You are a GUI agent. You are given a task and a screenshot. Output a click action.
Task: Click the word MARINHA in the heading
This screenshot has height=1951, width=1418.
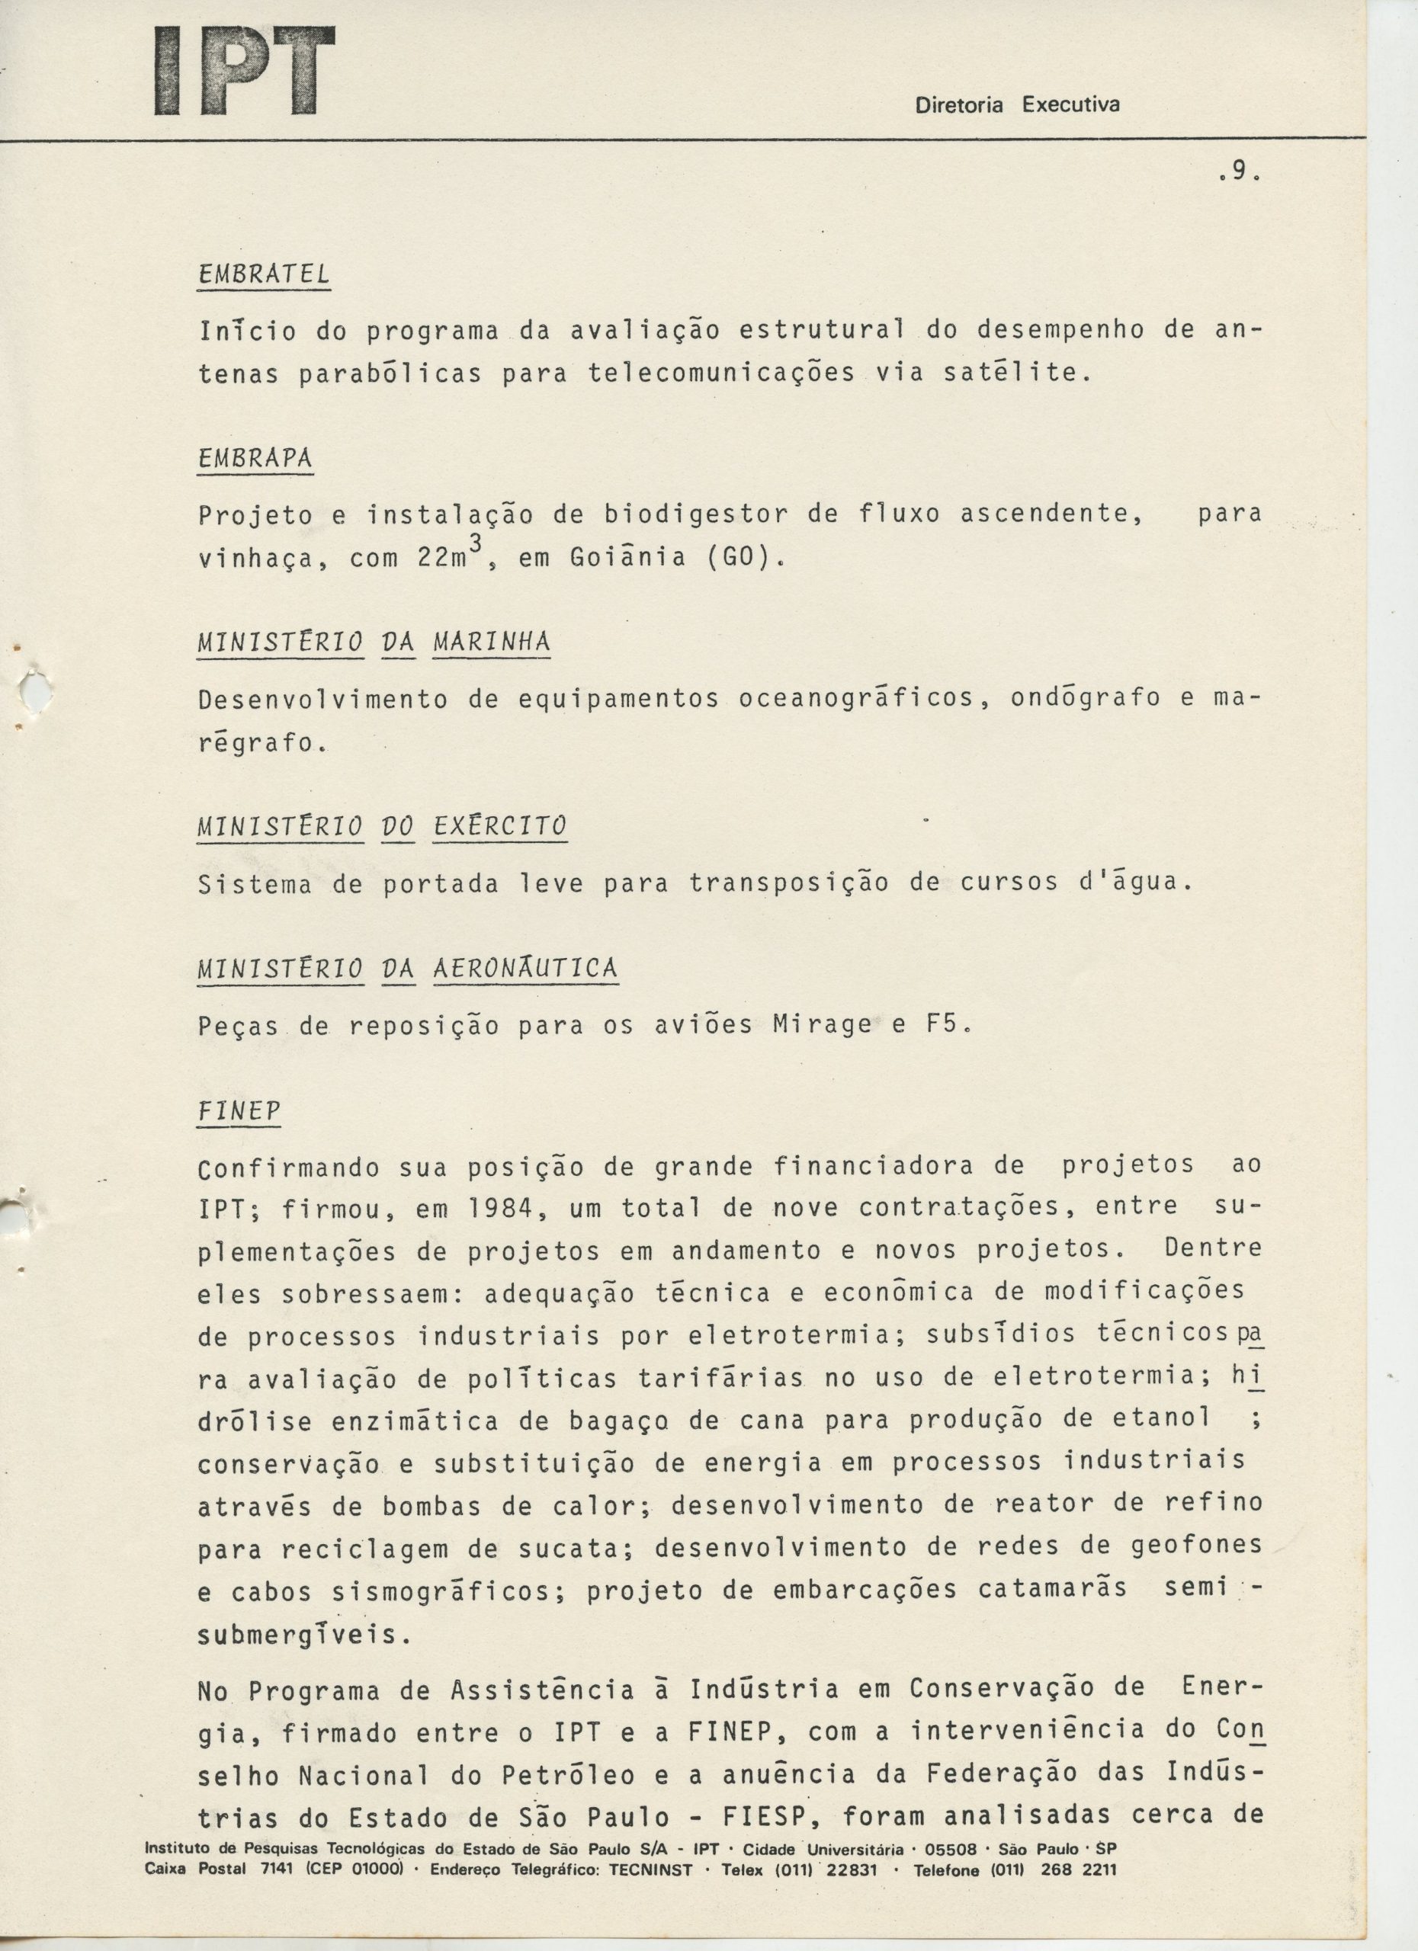[x=491, y=642]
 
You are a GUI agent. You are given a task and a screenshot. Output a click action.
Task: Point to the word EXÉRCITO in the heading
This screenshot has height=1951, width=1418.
[x=499, y=827]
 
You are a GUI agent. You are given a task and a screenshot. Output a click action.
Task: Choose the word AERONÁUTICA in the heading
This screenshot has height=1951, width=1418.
[x=525, y=969]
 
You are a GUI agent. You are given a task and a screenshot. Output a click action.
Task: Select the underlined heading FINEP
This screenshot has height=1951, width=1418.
[x=239, y=1111]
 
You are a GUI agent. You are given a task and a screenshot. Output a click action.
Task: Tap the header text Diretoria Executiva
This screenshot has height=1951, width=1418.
[x=1017, y=105]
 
